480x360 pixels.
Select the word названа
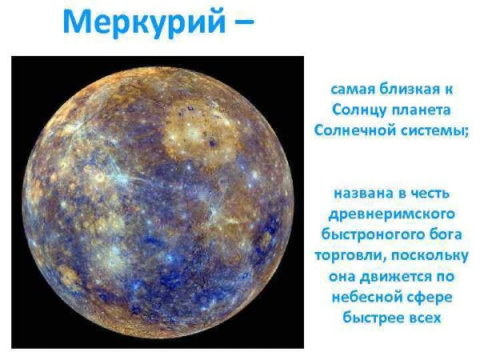point(358,194)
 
